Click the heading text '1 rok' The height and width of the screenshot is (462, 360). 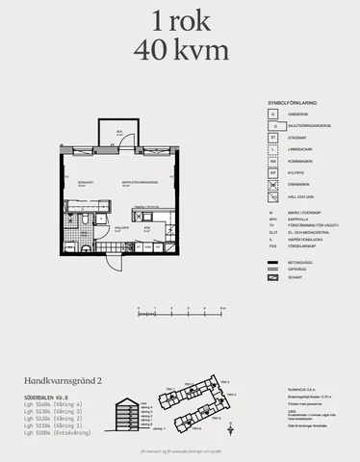tap(180, 20)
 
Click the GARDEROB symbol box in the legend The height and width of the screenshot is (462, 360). tap(273, 113)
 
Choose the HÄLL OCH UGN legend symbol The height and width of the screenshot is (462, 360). tap(273, 195)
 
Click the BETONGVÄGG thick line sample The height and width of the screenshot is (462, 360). tap(273, 261)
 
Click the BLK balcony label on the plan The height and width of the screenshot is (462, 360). tap(119, 132)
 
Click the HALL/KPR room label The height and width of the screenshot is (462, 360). tap(117, 229)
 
